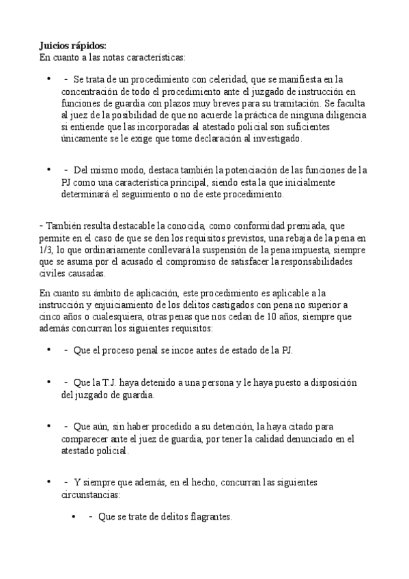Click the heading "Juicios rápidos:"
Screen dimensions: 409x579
click(72, 45)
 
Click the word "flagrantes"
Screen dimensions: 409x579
click(208, 517)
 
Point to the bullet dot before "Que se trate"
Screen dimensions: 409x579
click(74, 517)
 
